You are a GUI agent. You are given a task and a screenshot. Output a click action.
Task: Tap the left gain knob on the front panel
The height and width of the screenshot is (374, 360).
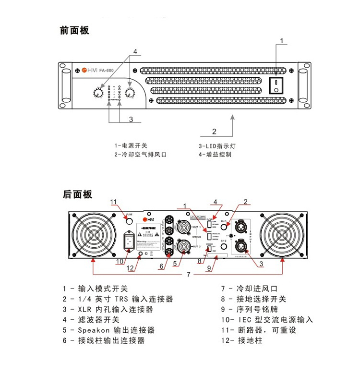coord(98,93)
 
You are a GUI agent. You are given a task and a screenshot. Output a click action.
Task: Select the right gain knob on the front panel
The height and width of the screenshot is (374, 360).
coord(130,93)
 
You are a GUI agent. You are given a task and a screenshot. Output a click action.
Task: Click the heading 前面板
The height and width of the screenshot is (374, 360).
coord(75,30)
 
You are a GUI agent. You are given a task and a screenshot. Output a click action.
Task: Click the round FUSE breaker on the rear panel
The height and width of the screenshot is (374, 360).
coord(129,220)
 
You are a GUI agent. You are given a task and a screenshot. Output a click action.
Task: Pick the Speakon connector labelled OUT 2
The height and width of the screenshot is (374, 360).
coord(183,246)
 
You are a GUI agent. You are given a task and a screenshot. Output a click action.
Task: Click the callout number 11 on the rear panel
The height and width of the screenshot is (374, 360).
coord(114,201)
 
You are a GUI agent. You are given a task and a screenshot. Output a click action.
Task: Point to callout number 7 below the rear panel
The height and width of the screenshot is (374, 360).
coord(189,275)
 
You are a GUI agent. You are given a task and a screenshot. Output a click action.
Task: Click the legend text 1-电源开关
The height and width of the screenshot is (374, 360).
coord(131,145)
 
